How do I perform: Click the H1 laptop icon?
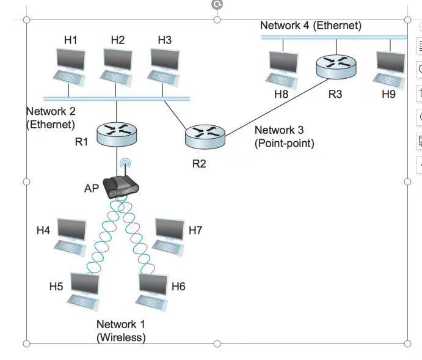(69, 66)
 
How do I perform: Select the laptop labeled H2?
(116, 66)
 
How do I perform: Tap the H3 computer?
(163, 66)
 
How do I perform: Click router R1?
(117, 133)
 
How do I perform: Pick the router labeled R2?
(205, 136)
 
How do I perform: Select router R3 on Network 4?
(336, 65)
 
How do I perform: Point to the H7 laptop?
(168, 236)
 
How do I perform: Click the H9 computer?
(390, 69)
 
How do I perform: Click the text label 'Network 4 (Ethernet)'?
(310, 26)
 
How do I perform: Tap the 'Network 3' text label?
(278, 130)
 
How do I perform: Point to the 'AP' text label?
(91, 189)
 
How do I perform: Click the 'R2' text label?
(199, 164)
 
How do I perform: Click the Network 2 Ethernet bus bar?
(116, 98)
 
